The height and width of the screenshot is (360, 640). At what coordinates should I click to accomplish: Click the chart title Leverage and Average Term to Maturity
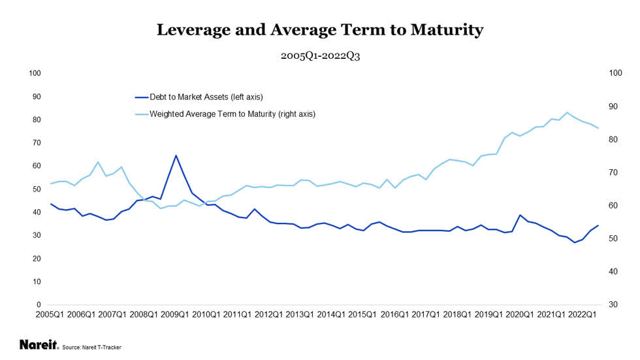coord(320,29)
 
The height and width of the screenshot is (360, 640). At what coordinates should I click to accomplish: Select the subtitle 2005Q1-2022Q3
coord(320,56)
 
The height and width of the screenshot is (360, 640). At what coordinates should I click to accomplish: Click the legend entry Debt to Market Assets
coord(206,97)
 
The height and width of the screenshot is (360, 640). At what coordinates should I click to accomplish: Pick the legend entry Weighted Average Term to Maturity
coord(232,114)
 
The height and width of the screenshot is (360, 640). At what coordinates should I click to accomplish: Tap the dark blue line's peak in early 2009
coord(176,155)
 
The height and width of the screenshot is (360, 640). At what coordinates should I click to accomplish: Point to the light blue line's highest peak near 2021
coord(566,112)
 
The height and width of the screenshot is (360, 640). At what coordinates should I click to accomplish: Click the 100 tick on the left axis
coord(35,73)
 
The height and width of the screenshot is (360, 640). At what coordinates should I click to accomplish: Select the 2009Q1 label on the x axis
coord(176,314)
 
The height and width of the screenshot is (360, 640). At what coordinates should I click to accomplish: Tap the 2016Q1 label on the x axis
coord(394,314)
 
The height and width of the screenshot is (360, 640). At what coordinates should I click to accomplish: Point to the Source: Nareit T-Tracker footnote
coord(91,347)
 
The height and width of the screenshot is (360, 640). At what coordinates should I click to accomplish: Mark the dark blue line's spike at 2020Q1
coord(520,215)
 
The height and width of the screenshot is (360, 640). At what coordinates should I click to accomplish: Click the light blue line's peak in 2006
coord(98,162)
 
